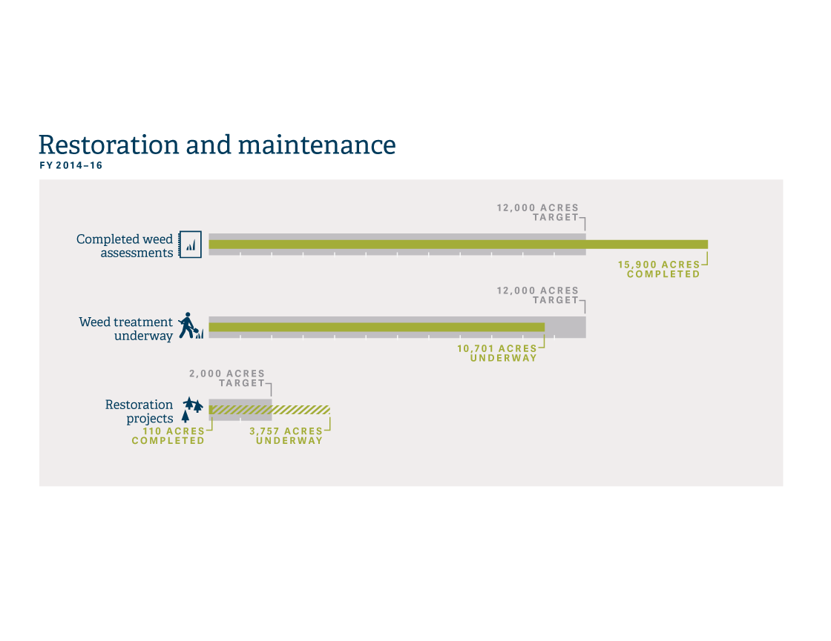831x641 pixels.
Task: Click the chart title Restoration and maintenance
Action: (x=217, y=145)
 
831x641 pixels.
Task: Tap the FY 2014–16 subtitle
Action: (x=71, y=165)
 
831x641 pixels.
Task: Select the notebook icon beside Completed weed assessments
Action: (x=190, y=245)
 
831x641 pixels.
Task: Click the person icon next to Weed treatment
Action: (x=191, y=325)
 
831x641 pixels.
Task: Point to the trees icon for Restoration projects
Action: (x=192, y=409)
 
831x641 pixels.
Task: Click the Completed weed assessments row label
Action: (x=125, y=245)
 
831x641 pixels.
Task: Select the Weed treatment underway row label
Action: (x=126, y=329)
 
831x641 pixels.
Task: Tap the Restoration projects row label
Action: (x=139, y=411)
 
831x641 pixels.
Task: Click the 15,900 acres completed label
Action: (x=659, y=269)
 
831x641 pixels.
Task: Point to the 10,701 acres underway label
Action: (x=497, y=353)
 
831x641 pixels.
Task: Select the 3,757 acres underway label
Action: (x=286, y=436)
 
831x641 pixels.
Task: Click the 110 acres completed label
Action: (x=168, y=436)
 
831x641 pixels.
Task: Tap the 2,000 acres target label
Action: (x=227, y=378)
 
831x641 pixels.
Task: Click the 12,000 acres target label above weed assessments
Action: (x=537, y=212)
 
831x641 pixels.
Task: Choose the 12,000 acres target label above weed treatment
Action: (x=537, y=296)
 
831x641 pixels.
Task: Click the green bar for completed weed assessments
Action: (x=459, y=245)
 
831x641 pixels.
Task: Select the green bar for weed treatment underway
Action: (x=377, y=327)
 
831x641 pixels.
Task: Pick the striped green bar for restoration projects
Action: (x=269, y=410)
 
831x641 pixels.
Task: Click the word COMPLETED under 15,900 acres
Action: (x=663, y=274)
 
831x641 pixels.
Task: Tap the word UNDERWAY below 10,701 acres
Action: (x=504, y=358)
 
